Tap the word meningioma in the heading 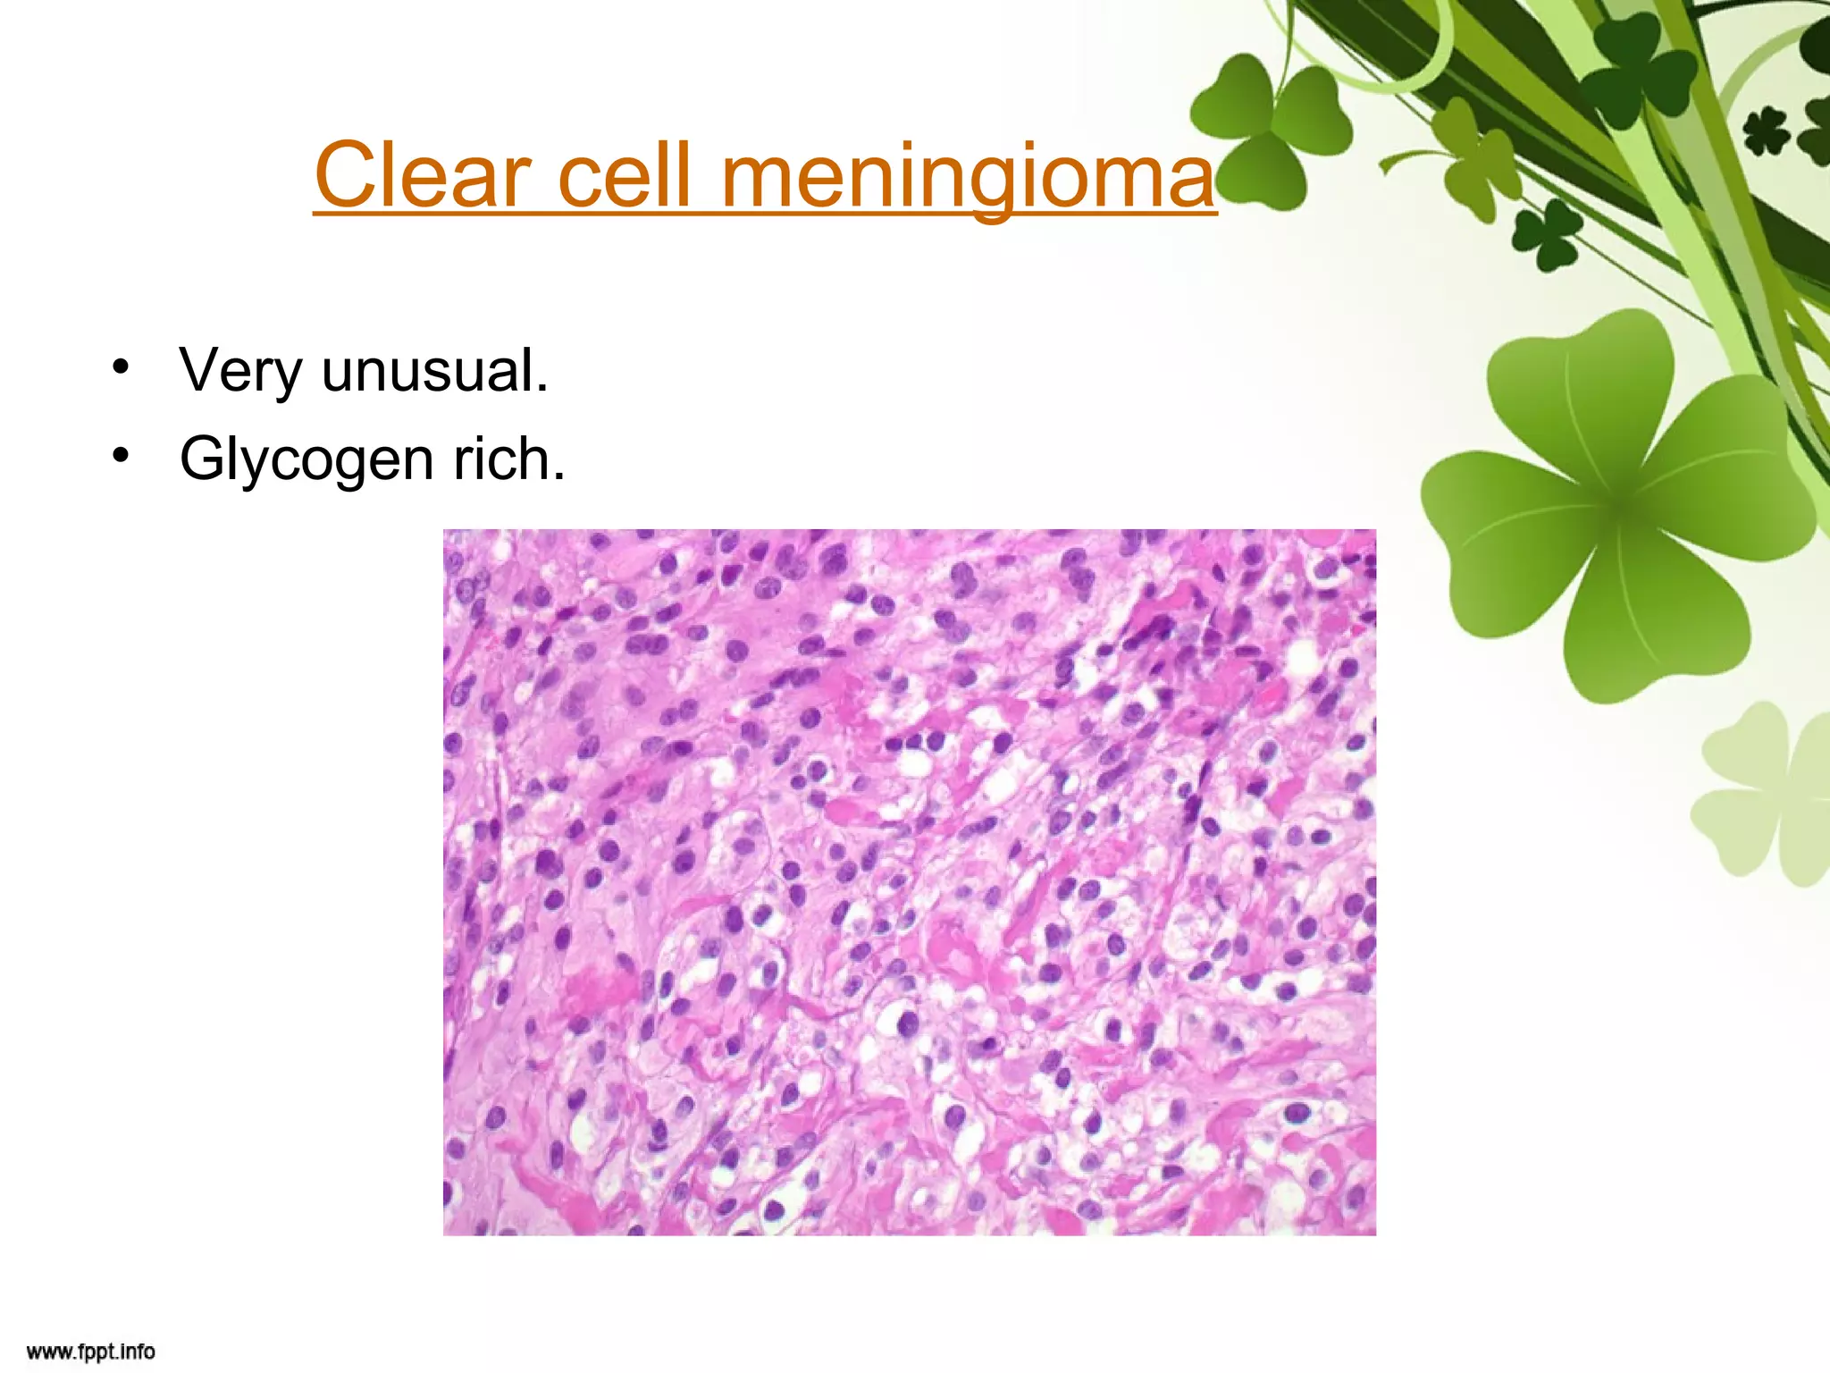967,176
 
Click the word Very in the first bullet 239,370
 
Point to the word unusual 434,370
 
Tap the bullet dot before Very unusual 121,367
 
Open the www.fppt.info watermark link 90,1351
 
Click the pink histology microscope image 909,881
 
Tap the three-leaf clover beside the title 1269,125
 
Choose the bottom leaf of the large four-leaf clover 1653,626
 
